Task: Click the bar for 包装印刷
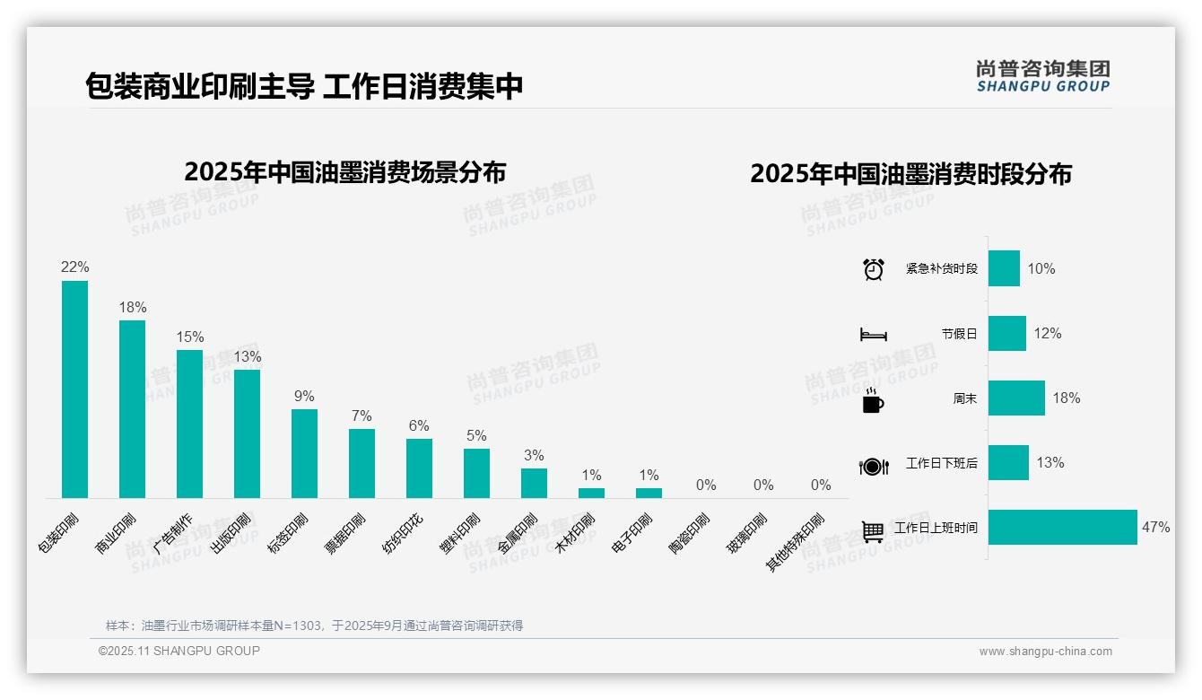(74, 389)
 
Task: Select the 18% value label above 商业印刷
(133, 308)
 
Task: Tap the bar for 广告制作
(189, 424)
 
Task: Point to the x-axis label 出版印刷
(231, 534)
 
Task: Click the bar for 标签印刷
(304, 453)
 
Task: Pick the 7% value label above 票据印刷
(361, 416)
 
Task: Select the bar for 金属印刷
(534, 483)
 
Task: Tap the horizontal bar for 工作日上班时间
(1062, 528)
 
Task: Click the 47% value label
(1155, 528)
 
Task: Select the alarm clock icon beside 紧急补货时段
(874, 269)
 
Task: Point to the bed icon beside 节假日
(874, 334)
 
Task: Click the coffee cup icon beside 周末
(873, 399)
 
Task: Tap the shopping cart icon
(873, 530)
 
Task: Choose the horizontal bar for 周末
(1016, 398)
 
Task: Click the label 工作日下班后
(942, 464)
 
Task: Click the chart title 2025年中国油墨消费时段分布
(910, 174)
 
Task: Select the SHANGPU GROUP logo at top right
(1042, 76)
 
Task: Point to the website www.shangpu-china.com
(1045, 652)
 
